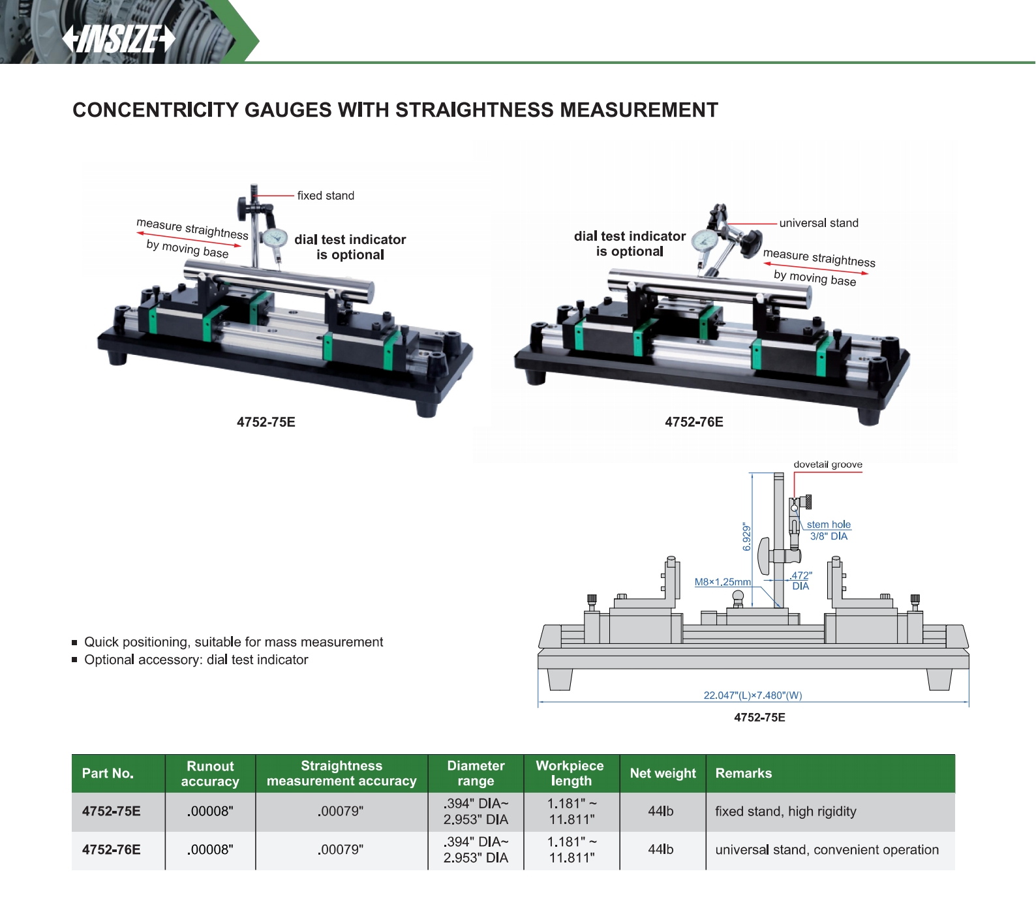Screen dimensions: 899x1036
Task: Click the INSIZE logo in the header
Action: click(x=119, y=38)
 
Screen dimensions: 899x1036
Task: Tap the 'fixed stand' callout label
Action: click(x=326, y=196)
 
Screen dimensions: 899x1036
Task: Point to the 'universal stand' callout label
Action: click(x=819, y=223)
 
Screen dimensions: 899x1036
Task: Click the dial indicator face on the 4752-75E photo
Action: click(x=275, y=238)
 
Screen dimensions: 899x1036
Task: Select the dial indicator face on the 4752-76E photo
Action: click(x=705, y=239)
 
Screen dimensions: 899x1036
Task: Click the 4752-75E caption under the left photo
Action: click(x=266, y=422)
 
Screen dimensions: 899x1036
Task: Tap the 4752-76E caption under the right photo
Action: click(x=694, y=422)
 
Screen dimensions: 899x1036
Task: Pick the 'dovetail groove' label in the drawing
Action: click(x=828, y=465)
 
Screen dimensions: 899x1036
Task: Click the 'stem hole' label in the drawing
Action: click(x=829, y=525)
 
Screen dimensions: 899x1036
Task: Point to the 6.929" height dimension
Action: click(x=747, y=536)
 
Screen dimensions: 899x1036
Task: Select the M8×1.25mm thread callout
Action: click(x=722, y=582)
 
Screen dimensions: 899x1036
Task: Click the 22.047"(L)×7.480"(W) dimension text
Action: click(x=753, y=695)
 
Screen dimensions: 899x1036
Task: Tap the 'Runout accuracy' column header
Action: click(x=210, y=774)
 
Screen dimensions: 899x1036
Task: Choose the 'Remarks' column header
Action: click(x=744, y=773)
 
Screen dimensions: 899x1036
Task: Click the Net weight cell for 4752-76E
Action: click(x=661, y=849)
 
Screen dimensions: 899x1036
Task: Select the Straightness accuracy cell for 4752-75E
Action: click(x=341, y=812)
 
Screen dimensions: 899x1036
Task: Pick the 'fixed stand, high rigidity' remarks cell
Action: click(x=785, y=812)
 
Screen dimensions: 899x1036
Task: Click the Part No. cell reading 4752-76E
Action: click(x=112, y=849)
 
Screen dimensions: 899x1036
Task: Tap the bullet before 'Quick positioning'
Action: click(x=74, y=643)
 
